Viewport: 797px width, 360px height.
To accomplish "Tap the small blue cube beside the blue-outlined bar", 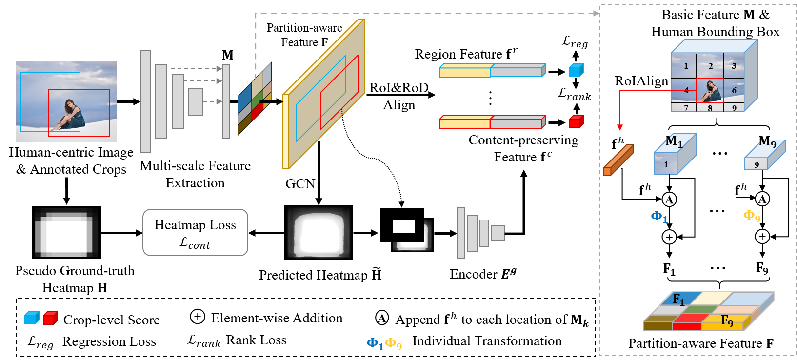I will (576, 70).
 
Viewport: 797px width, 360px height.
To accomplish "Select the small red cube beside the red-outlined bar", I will (576, 121).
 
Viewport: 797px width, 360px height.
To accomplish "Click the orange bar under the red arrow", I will (618, 160).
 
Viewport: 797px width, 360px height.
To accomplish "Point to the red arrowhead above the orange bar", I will (620, 127).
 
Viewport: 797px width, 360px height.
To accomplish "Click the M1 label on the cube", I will (674, 141).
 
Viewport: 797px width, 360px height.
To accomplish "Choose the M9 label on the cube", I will (768, 143).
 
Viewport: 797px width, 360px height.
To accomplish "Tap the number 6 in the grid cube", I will (734, 90).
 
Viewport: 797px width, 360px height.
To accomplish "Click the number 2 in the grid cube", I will (711, 66).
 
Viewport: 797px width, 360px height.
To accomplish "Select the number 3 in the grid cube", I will (734, 66).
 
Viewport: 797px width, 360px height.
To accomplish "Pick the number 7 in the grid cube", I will (686, 108).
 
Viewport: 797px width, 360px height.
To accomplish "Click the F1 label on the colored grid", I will (678, 299).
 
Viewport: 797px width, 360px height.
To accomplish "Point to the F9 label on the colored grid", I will (727, 321).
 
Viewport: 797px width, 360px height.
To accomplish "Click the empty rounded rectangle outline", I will (195, 232).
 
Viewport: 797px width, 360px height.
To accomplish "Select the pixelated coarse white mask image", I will (66, 233).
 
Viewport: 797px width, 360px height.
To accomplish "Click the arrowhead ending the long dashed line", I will (596, 13).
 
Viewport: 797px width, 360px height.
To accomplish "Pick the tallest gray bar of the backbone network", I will (145, 101).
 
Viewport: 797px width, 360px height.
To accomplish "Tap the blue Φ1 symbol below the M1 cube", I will (659, 217).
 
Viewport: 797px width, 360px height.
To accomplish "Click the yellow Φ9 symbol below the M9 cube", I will (752, 216).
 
